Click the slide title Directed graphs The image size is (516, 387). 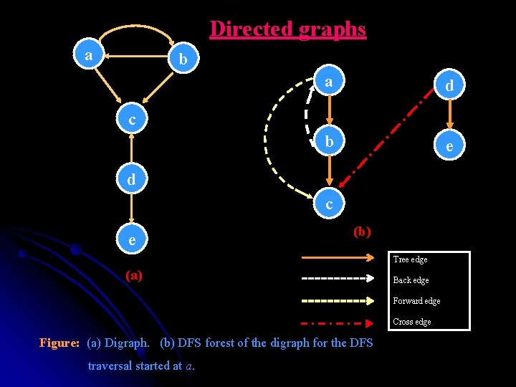tap(287, 29)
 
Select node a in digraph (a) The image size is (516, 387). tap(89, 55)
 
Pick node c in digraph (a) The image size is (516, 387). tap(132, 119)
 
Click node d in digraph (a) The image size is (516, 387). tap(132, 179)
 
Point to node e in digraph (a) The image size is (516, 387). tap(132, 240)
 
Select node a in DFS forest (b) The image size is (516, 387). tap(328, 82)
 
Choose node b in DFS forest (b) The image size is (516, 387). tap(328, 142)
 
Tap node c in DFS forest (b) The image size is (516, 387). tap(329, 204)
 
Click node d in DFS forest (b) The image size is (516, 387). tap(449, 86)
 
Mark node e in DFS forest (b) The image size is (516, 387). tap(449, 146)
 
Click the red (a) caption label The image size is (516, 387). tap(133, 274)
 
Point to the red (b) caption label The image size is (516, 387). tap(362, 231)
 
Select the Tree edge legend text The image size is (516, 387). tap(411, 259)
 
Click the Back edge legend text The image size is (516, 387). tap(411, 280)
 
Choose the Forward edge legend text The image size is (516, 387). tap(416, 301)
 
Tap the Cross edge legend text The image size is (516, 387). tap(412, 322)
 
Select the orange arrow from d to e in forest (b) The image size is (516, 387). tap(449, 116)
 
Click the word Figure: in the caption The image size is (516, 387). tap(59, 343)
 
